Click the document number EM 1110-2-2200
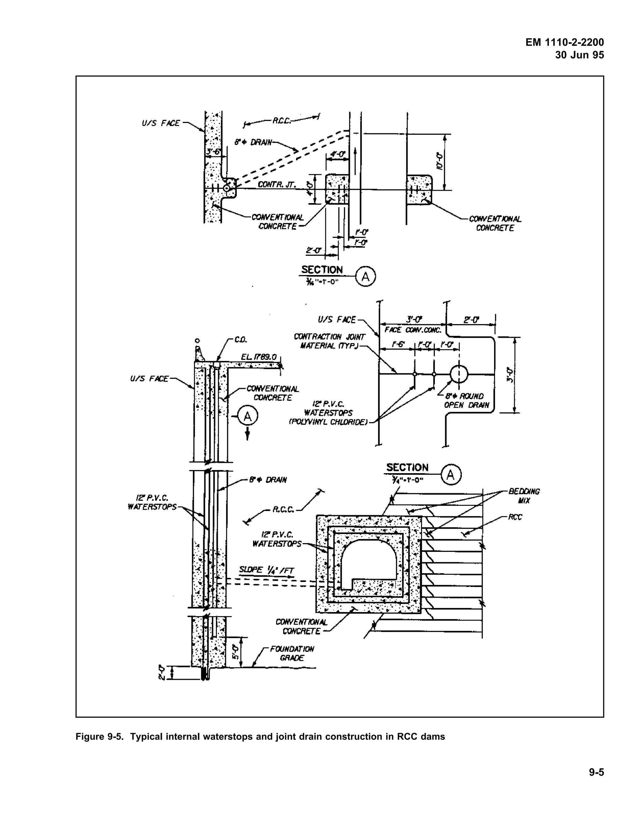[x=564, y=42]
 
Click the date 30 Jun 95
[x=579, y=55]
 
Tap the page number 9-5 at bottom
[x=596, y=772]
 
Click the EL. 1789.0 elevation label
[x=259, y=357]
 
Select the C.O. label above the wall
[x=240, y=339]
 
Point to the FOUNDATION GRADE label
[x=292, y=653]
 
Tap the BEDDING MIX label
[x=524, y=496]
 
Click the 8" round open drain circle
[x=459, y=374]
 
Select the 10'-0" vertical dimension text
[x=440, y=161]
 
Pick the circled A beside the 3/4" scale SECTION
[x=451, y=475]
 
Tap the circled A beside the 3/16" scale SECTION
[x=365, y=277]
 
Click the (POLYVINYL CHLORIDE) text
[x=328, y=422]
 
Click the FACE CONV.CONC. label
[x=413, y=330]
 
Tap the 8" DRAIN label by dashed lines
[x=253, y=142]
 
